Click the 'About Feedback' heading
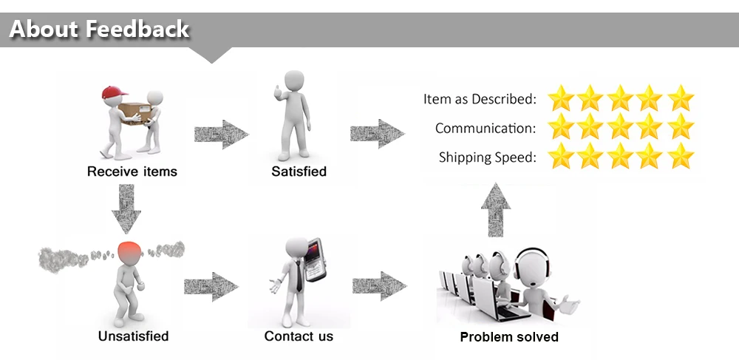click(x=99, y=29)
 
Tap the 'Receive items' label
click(x=132, y=171)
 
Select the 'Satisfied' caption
click(x=299, y=171)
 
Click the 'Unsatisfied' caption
click(x=133, y=336)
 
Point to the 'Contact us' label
click(x=299, y=336)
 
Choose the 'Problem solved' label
click(x=509, y=337)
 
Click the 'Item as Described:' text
click(x=480, y=98)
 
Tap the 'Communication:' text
click(x=485, y=128)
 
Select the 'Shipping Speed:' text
click(x=487, y=157)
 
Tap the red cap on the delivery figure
click(x=111, y=92)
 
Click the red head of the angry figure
click(x=129, y=253)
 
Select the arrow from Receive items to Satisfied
click(x=221, y=134)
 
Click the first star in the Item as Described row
click(x=562, y=98)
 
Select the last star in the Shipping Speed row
click(x=681, y=156)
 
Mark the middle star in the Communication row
click(x=621, y=127)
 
